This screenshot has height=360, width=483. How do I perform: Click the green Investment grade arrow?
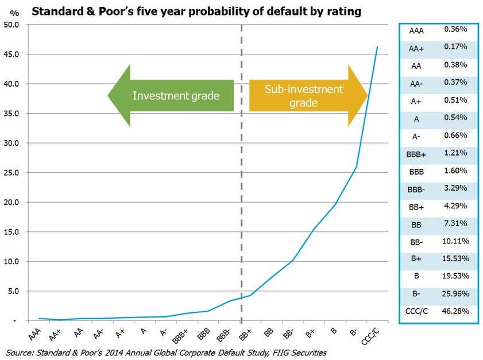click(172, 95)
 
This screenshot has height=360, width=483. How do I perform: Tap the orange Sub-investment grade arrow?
click(307, 95)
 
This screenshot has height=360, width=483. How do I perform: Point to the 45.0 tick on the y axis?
click(11, 55)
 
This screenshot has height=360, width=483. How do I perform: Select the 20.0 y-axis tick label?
click(11, 202)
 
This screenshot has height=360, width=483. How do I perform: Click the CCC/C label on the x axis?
click(372, 334)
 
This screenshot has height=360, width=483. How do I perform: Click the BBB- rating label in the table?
click(417, 187)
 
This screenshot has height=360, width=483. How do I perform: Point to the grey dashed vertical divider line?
click(241, 172)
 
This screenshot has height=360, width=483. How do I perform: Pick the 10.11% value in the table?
click(457, 240)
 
